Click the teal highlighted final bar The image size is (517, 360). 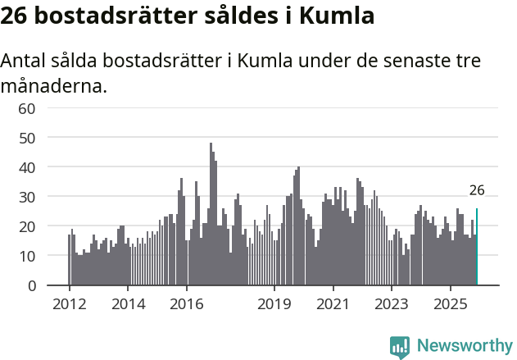(477, 247)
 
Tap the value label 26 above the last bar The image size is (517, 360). (477, 190)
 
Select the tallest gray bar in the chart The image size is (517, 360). (211, 214)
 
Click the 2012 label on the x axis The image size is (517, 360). (69, 303)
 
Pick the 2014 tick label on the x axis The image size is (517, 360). (128, 303)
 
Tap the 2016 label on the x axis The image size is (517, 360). (186, 303)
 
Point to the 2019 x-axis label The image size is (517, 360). (274, 303)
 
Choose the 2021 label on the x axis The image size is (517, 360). (333, 303)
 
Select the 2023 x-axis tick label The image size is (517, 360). (392, 303)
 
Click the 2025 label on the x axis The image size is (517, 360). (450, 303)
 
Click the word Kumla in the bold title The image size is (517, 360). (338, 16)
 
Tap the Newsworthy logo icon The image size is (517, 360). (400, 347)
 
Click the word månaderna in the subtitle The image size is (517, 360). (54, 85)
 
